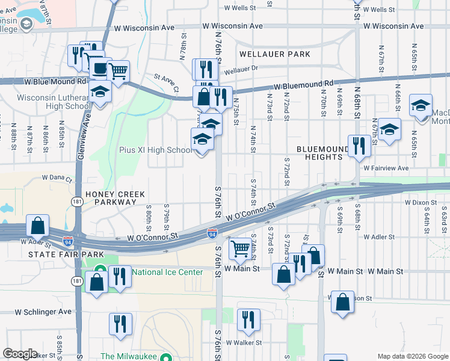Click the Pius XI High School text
tap(155, 150)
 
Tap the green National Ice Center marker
tap(100, 272)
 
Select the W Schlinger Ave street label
tap(43, 312)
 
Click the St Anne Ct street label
tap(167, 83)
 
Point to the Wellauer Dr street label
tap(241, 69)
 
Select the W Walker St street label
tap(244, 342)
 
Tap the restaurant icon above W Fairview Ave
tap(359, 145)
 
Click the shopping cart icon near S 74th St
tap(241, 247)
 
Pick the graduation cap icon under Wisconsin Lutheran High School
tap(100, 92)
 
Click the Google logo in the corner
tap(20, 354)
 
